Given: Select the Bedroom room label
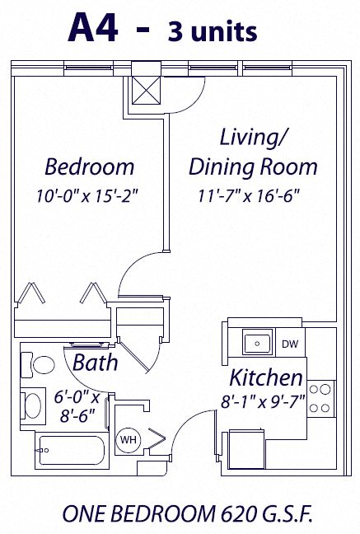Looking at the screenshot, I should click(x=89, y=167).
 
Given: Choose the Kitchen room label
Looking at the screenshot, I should click(x=265, y=378).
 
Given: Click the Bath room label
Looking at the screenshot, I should click(x=95, y=362).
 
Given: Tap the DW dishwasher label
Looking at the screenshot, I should click(x=290, y=344).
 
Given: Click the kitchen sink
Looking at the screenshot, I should click(x=256, y=342).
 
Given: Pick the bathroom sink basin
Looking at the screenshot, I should click(x=34, y=405).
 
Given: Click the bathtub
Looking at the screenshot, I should click(x=69, y=450).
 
